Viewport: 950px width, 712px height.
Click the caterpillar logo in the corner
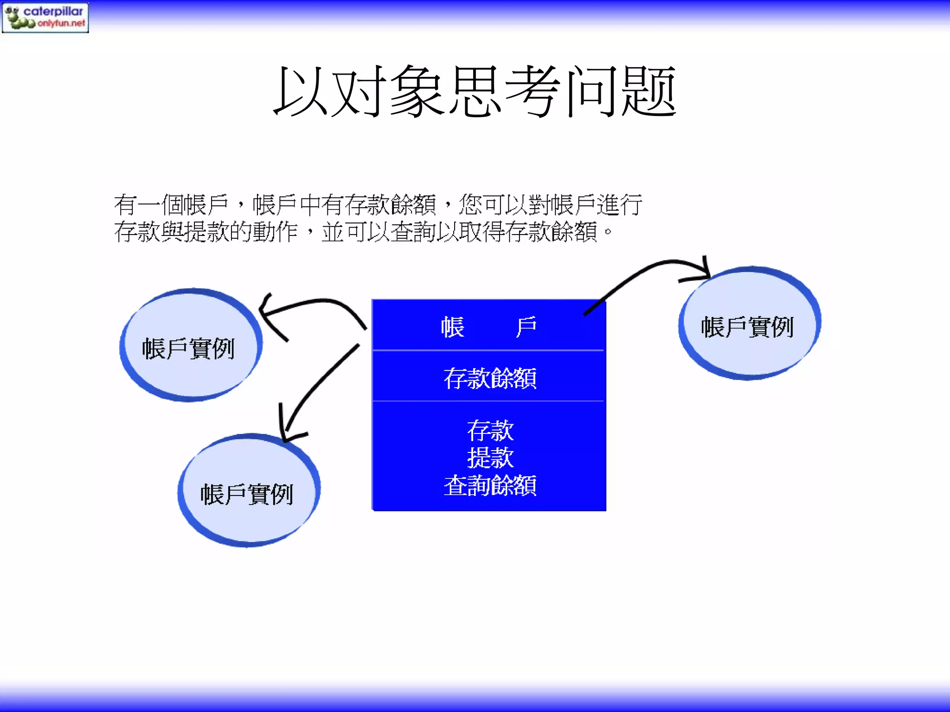pos(45,17)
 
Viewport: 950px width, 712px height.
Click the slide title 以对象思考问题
pos(475,91)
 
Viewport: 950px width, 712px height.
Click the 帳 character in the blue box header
pos(452,327)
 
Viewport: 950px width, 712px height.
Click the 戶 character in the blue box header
pos(526,327)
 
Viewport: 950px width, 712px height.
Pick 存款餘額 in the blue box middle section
pos(490,378)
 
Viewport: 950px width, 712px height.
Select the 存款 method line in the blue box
pos(490,431)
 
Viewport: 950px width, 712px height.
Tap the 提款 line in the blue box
pos(490,458)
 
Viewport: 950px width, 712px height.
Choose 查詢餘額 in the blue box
pos(490,485)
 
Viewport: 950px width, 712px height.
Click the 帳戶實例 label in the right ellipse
pos(747,327)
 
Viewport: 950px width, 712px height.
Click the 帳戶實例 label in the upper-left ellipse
pos(188,349)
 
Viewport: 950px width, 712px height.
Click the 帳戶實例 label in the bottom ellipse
pos(247,494)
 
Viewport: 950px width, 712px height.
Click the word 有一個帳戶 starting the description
pos(172,205)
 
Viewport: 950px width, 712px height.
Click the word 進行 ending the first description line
pos(619,205)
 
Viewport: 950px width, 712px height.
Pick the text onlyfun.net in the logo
pos(61,23)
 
